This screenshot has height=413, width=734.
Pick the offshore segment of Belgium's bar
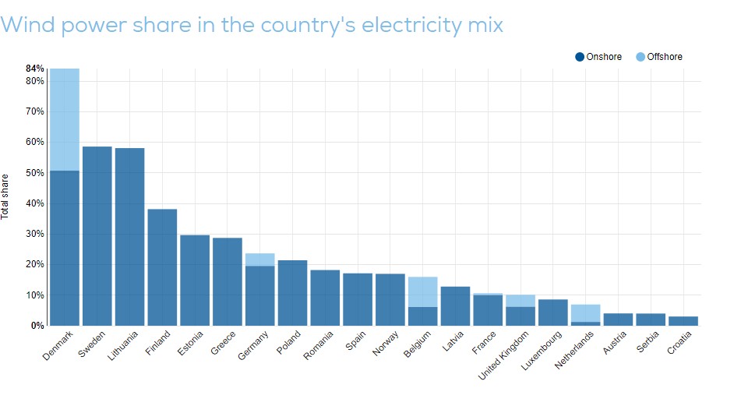pos(422,291)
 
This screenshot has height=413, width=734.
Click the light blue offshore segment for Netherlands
pos(585,312)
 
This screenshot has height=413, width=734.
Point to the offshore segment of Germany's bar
pos(259,259)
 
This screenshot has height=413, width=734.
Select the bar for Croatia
pos(683,321)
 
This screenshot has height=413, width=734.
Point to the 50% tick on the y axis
pos(35,172)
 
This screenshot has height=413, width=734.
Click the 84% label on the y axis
pos(35,69)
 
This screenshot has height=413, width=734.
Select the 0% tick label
pos(37,326)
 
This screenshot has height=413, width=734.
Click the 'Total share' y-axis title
pos(6,196)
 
